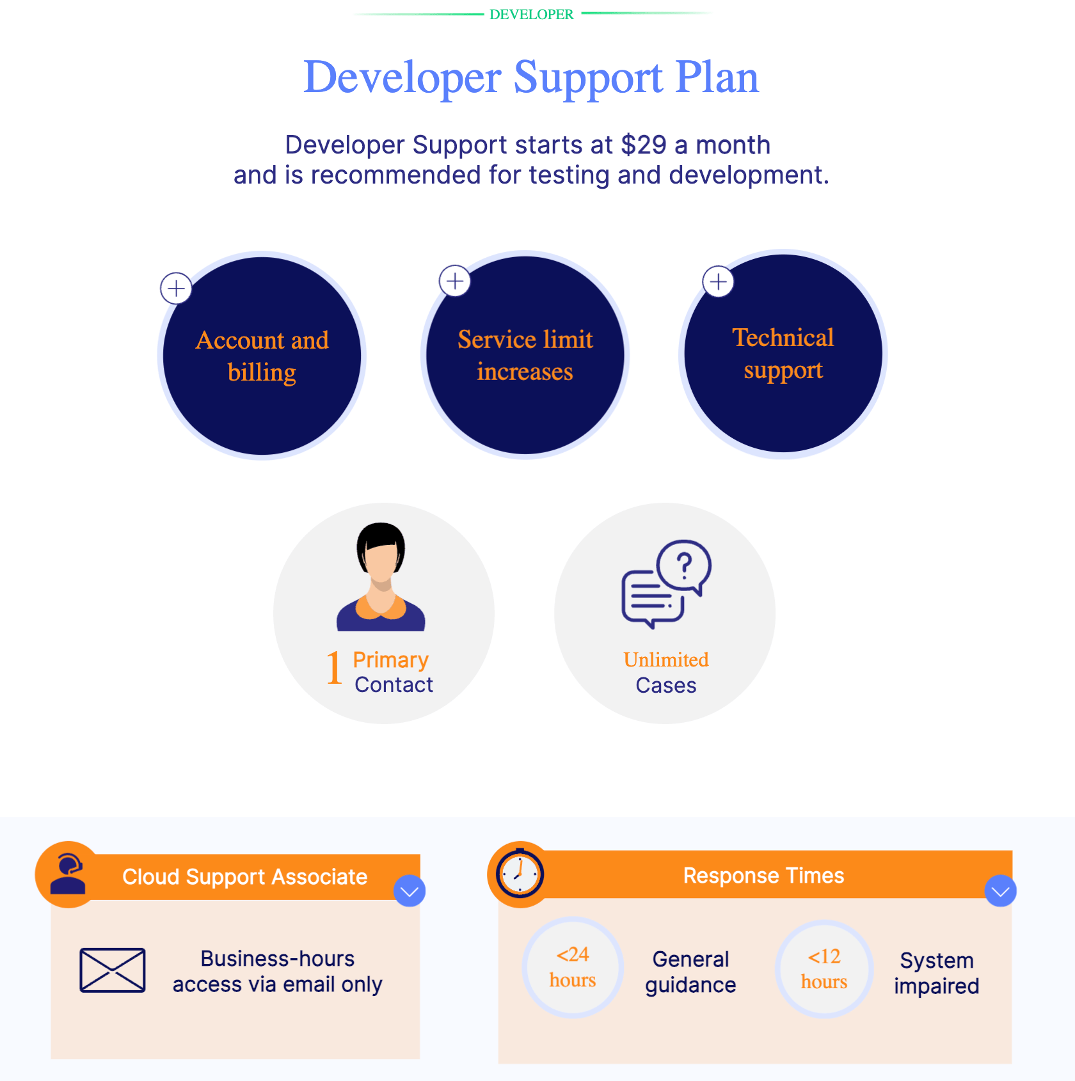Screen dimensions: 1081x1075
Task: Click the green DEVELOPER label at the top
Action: point(531,14)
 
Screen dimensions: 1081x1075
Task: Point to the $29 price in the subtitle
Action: point(644,145)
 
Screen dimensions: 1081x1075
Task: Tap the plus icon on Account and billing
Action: point(176,288)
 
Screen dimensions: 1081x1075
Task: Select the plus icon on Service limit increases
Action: point(455,281)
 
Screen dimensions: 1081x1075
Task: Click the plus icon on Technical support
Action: point(718,281)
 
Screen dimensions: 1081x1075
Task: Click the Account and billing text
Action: point(262,356)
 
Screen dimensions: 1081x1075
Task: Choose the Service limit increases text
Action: point(525,355)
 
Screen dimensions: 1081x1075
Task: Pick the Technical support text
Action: point(783,354)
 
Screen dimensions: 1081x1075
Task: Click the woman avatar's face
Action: point(381,563)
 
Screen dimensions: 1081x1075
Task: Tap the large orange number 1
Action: point(334,668)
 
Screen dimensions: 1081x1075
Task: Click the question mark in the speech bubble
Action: point(684,565)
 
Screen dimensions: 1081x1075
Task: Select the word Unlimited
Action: point(666,659)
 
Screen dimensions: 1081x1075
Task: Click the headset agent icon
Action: point(68,874)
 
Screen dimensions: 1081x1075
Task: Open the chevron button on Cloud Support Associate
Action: point(410,891)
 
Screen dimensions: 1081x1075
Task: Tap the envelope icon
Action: point(113,970)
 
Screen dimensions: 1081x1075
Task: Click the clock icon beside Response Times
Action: point(520,874)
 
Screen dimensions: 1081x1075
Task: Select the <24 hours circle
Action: point(573,967)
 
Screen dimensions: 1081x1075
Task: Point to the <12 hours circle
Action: point(824,969)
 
